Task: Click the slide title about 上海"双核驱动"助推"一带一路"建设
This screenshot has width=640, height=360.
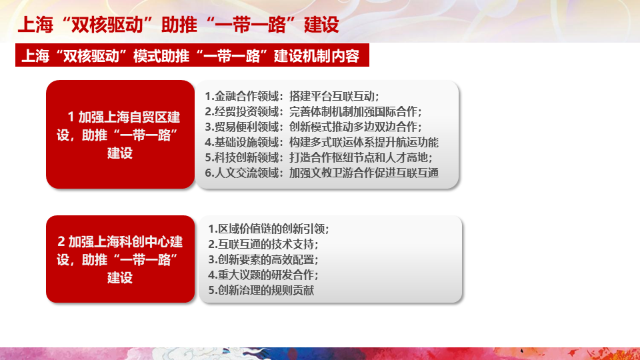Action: click(179, 25)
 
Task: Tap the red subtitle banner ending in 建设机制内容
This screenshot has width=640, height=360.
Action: click(192, 55)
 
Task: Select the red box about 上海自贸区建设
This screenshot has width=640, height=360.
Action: click(120, 134)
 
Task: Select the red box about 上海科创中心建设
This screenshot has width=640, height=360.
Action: click(120, 259)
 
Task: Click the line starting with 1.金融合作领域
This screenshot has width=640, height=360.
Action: click(292, 96)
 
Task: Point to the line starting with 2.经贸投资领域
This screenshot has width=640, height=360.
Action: click(313, 111)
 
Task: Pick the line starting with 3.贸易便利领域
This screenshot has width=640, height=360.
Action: click(313, 127)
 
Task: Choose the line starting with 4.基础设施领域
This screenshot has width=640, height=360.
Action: click(321, 142)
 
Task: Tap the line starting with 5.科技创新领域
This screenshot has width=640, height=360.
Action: click(319, 157)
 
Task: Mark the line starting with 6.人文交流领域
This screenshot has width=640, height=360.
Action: click(321, 173)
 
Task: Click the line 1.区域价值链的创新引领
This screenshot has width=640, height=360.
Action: click(269, 229)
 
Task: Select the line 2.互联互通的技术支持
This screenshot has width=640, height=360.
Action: click(263, 244)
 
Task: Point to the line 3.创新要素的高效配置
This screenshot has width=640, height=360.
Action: click(263, 259)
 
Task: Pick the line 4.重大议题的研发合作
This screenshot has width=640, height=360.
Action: click(263, 275)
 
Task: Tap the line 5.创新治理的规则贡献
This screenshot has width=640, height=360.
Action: click(261, 290)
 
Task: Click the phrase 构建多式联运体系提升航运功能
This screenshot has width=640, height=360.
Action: click(364, 142)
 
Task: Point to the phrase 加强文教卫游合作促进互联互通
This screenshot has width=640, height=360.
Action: click(364, 173)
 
